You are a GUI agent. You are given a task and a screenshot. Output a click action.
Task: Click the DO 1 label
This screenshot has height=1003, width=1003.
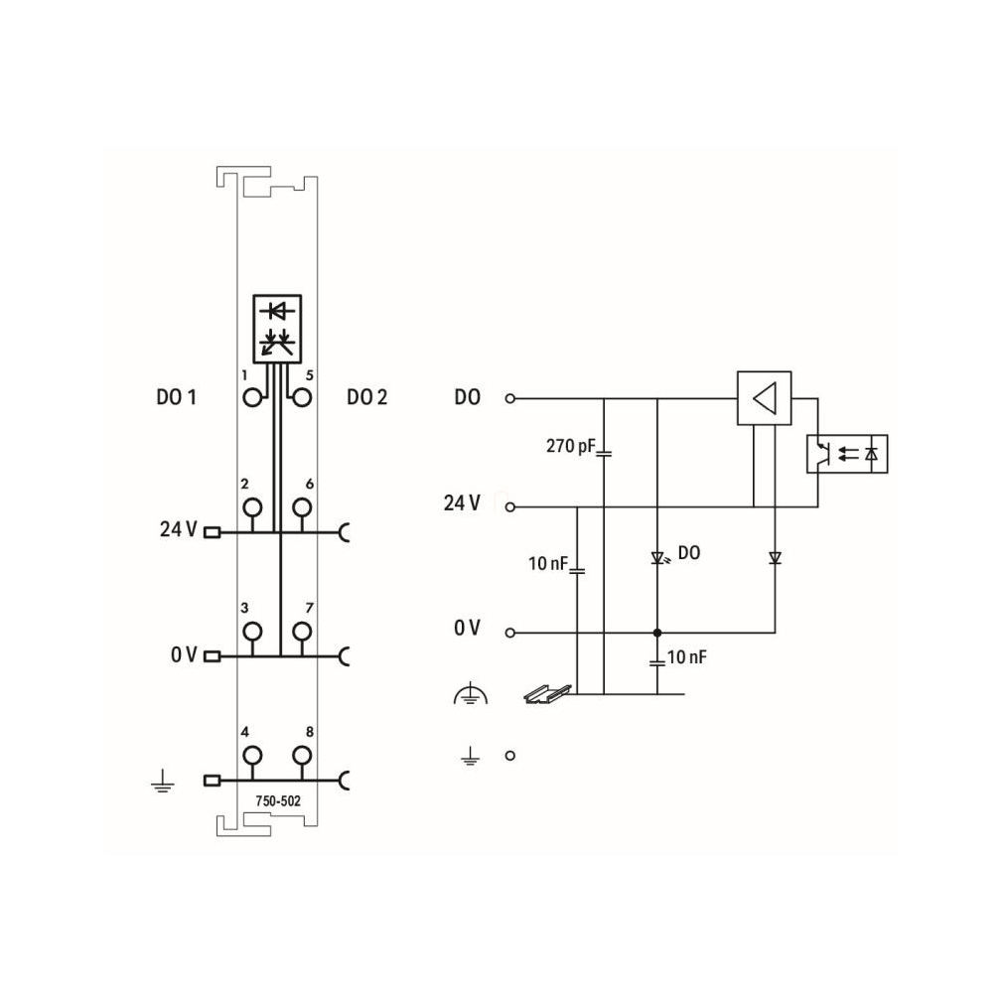176,397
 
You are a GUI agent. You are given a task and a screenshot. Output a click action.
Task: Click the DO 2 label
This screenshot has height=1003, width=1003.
366,397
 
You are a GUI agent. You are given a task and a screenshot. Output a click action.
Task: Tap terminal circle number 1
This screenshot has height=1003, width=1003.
252,398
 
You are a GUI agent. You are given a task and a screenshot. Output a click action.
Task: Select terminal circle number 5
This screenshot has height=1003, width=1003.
302,398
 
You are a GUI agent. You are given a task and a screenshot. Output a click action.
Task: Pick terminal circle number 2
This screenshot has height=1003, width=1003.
252,507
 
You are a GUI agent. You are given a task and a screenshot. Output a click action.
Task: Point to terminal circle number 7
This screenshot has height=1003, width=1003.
302,632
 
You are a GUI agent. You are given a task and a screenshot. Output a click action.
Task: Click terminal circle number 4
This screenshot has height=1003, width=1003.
252,756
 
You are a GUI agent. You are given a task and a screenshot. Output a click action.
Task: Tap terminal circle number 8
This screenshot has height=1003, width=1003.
302,756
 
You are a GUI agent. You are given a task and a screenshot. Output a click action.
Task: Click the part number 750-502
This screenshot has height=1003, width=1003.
278,800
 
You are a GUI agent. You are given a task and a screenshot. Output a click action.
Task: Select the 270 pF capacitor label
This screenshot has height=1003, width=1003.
570,446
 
